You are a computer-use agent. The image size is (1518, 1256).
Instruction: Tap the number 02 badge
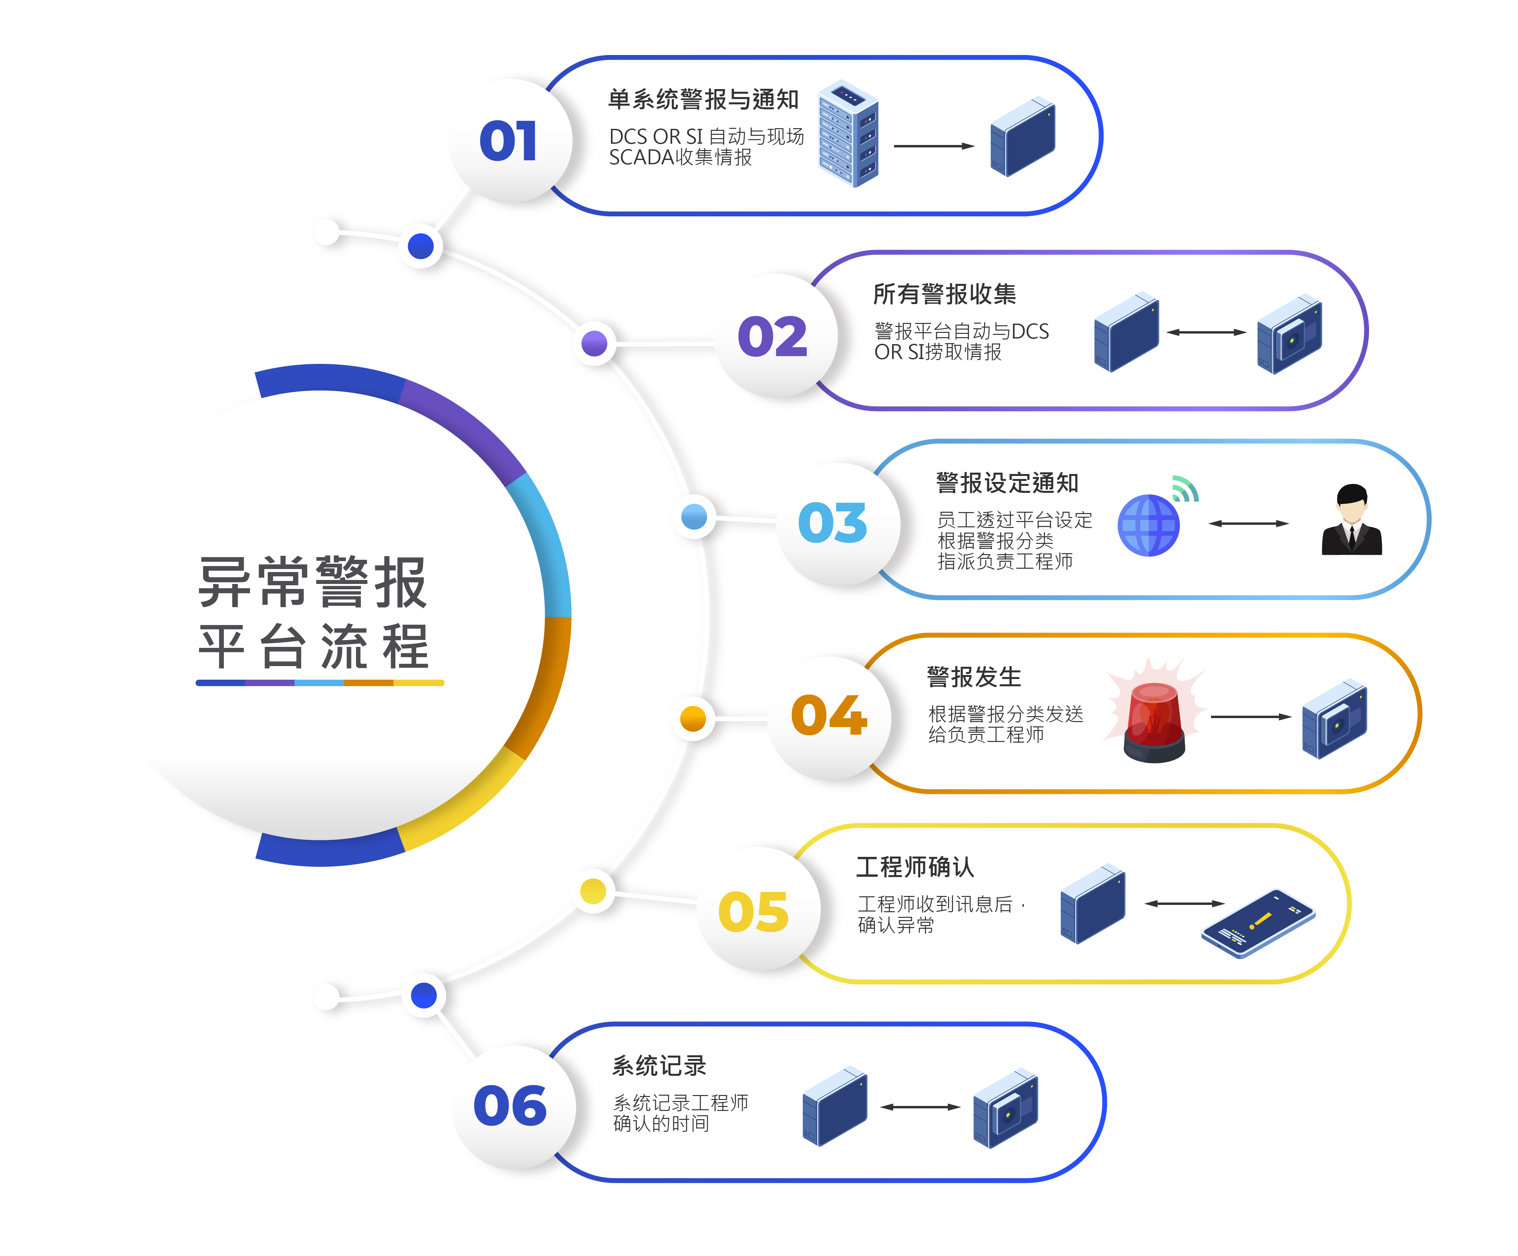[x=772, y=336]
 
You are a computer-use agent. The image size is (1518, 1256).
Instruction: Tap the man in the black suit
[x=1351, y=521]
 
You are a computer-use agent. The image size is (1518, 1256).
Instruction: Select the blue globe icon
[x=1148, y=526]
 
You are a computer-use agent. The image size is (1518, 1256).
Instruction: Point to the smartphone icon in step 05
[x=1258, y=923]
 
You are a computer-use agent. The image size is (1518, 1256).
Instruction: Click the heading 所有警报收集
[x=944, y=294]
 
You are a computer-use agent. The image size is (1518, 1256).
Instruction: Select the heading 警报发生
[x=974, y=678]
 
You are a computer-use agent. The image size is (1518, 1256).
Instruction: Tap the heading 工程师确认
[x=915, y=867]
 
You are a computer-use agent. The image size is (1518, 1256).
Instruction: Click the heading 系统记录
[x=659, y=1066]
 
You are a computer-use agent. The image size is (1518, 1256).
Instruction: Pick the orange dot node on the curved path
[x=692, y=719]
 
